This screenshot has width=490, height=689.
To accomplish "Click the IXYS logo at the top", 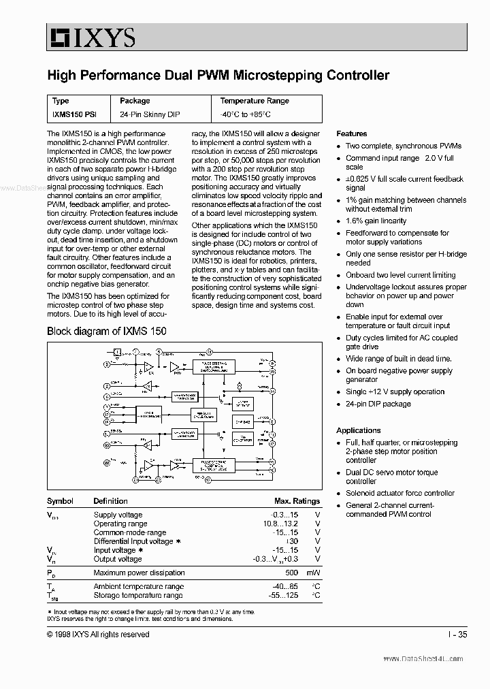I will [x=91, y=37].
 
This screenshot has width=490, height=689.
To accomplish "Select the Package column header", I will [x=135, y=101].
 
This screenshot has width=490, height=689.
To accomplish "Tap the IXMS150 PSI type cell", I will [x=74, y=114].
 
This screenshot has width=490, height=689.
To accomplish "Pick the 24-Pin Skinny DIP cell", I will [x=150, y=114].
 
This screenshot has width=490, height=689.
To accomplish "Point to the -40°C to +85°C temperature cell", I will [x=245, y=114].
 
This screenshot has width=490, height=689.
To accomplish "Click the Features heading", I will [x=351, y=133].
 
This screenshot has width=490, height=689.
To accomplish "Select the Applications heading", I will [x=358, y=430].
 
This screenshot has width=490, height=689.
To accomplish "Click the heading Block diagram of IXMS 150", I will [x=106, y=331].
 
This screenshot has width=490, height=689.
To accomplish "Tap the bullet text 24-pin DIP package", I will [x=378, y=404].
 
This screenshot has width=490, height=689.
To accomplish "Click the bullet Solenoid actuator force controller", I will [x=399, y=493].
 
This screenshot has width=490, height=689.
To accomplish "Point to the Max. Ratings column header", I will [x=297, y=501].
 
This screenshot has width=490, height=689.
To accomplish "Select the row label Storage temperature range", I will [x=138, y=596].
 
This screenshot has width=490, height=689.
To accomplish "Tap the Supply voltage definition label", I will [x=118, y=515].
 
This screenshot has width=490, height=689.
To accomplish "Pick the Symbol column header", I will [x=60, y=501].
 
